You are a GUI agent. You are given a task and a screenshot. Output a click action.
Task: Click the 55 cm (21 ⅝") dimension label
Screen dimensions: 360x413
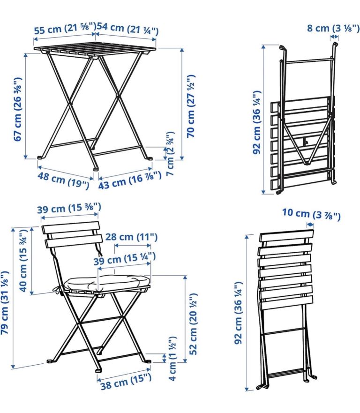65,28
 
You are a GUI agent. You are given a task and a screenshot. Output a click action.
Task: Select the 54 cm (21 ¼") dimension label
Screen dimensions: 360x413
127,29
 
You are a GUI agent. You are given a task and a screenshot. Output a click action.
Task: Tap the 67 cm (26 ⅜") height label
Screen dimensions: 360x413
18,109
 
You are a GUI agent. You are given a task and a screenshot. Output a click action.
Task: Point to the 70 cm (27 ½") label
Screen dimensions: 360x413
191,106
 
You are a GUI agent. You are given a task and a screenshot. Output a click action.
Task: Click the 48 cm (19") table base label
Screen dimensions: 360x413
63,180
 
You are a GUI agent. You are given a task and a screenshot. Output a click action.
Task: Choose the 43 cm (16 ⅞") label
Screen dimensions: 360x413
130,180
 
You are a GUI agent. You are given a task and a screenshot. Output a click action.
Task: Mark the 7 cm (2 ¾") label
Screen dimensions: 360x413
171,154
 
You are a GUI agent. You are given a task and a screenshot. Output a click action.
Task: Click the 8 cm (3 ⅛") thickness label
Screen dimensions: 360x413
333,28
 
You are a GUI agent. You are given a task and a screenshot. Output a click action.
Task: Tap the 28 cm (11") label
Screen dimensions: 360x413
131,237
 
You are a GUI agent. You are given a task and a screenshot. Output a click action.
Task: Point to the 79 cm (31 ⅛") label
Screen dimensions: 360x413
5,303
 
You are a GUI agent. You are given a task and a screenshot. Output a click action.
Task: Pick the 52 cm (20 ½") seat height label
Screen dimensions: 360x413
193,324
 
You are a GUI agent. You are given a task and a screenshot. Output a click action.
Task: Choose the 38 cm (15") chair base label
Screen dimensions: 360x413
126,382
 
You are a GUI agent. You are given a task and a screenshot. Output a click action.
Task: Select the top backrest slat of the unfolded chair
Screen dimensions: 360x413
71,227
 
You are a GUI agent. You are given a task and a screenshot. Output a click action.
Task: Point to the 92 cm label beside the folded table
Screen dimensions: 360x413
257,122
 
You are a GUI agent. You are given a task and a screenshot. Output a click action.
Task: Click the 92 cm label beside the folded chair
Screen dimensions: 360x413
238,313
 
